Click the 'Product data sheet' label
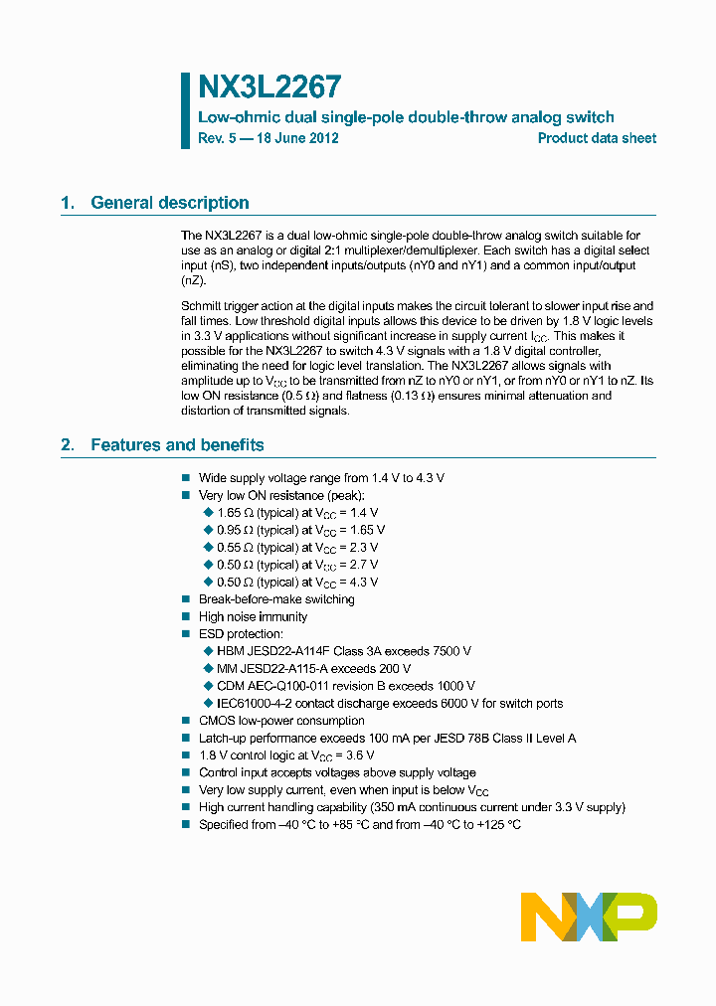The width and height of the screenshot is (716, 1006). (597, 138)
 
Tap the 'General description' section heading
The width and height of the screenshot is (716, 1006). (169, 203)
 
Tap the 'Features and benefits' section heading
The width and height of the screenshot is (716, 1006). (177, 445)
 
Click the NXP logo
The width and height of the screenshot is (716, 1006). (589, 917)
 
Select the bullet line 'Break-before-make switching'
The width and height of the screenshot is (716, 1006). (275, 599)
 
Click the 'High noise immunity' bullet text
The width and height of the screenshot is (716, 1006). (253, 617)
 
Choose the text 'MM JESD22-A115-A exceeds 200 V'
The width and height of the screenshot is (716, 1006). (313, 669)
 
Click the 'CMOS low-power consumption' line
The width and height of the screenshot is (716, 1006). (281, 721)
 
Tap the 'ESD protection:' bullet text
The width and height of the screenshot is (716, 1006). (241, 634)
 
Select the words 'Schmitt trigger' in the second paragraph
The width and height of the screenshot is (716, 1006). (221, 306)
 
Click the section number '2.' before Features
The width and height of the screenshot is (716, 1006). (68, 445)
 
